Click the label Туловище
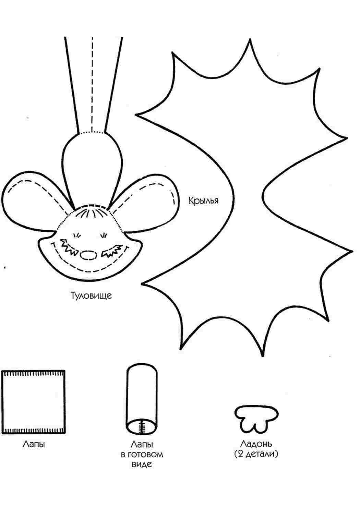(92, 295)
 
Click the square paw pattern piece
(33, 402)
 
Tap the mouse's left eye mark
(77, 235)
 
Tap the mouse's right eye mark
(104, 235)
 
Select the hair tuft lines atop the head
(92, 213)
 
